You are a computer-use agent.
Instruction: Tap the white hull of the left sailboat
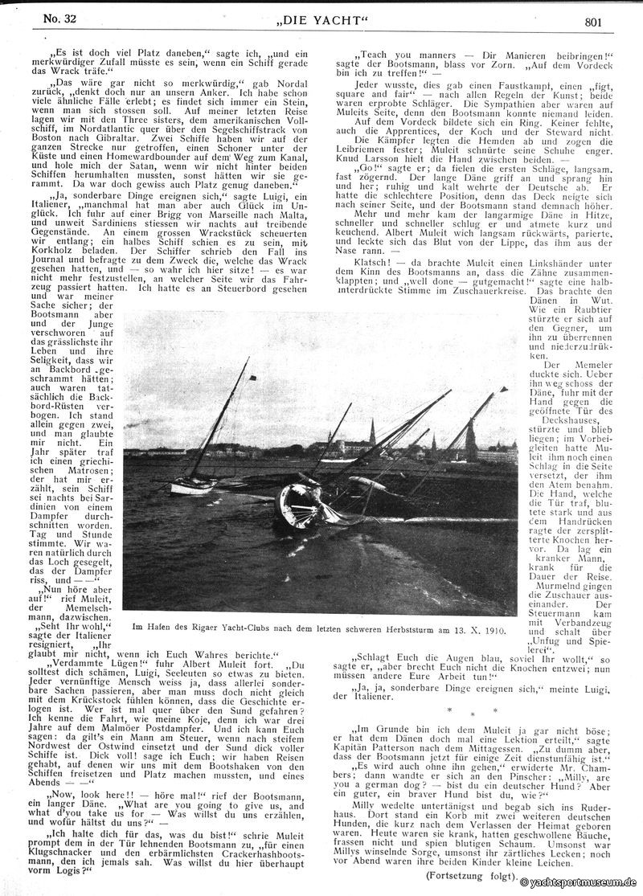click(191, 485)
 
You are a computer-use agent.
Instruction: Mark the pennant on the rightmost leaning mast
click(504, 390)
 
